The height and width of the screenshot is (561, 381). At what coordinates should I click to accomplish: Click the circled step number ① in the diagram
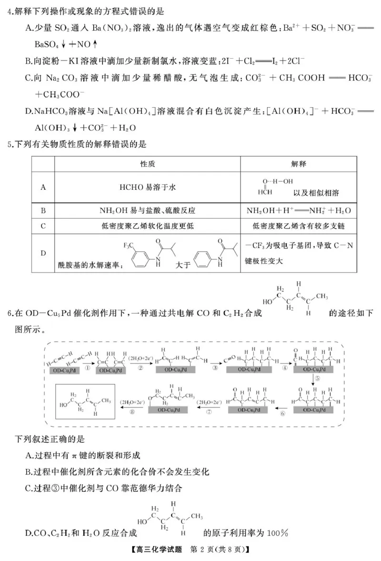coord(87,368)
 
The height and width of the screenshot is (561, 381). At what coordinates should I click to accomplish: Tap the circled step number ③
coord(215,368)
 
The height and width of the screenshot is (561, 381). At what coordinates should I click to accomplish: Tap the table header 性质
coord(147,164)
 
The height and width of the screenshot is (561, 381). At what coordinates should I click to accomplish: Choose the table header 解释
coord(299,164)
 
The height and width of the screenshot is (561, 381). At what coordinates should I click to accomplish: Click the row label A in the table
coord(43,187)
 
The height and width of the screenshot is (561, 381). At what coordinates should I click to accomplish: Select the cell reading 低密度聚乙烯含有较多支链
coord(299,226)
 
